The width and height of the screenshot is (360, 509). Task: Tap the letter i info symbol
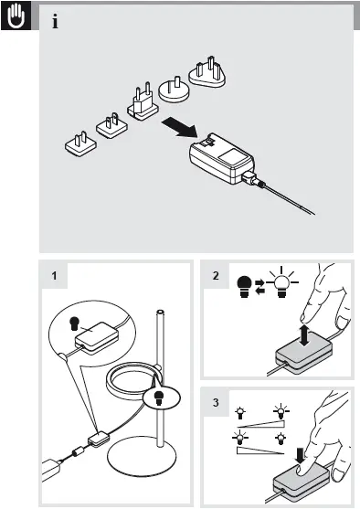57,22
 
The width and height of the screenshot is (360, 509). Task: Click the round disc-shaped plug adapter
173,89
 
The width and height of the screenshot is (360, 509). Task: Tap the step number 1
56,275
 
